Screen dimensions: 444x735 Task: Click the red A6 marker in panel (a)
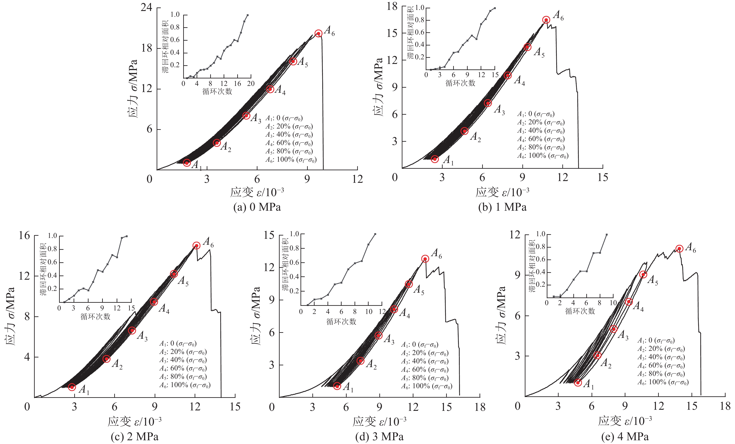tap(318, 33)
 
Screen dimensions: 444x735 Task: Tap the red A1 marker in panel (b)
tap(435, 159)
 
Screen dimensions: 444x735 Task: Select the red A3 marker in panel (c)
tap(132, 330)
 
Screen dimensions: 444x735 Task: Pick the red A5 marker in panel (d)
tap(409, 284)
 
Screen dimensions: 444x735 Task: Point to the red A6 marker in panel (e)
tap(679, 248)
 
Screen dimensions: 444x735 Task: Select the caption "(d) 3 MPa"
tap(379, 437)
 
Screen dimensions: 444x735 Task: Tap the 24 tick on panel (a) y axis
tap(147, 7)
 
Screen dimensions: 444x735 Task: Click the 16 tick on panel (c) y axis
tap(24, 236)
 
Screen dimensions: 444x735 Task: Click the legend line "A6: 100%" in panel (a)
tap(291, 160)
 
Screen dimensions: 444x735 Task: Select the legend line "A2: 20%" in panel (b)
tap(541, 122)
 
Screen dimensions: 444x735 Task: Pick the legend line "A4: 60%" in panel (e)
tap(661, 366)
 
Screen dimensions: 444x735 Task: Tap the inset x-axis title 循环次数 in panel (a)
tap(217, 91)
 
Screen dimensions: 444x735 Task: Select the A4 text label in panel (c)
tap(164, 308)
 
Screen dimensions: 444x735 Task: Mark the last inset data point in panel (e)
tap(607, 235)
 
